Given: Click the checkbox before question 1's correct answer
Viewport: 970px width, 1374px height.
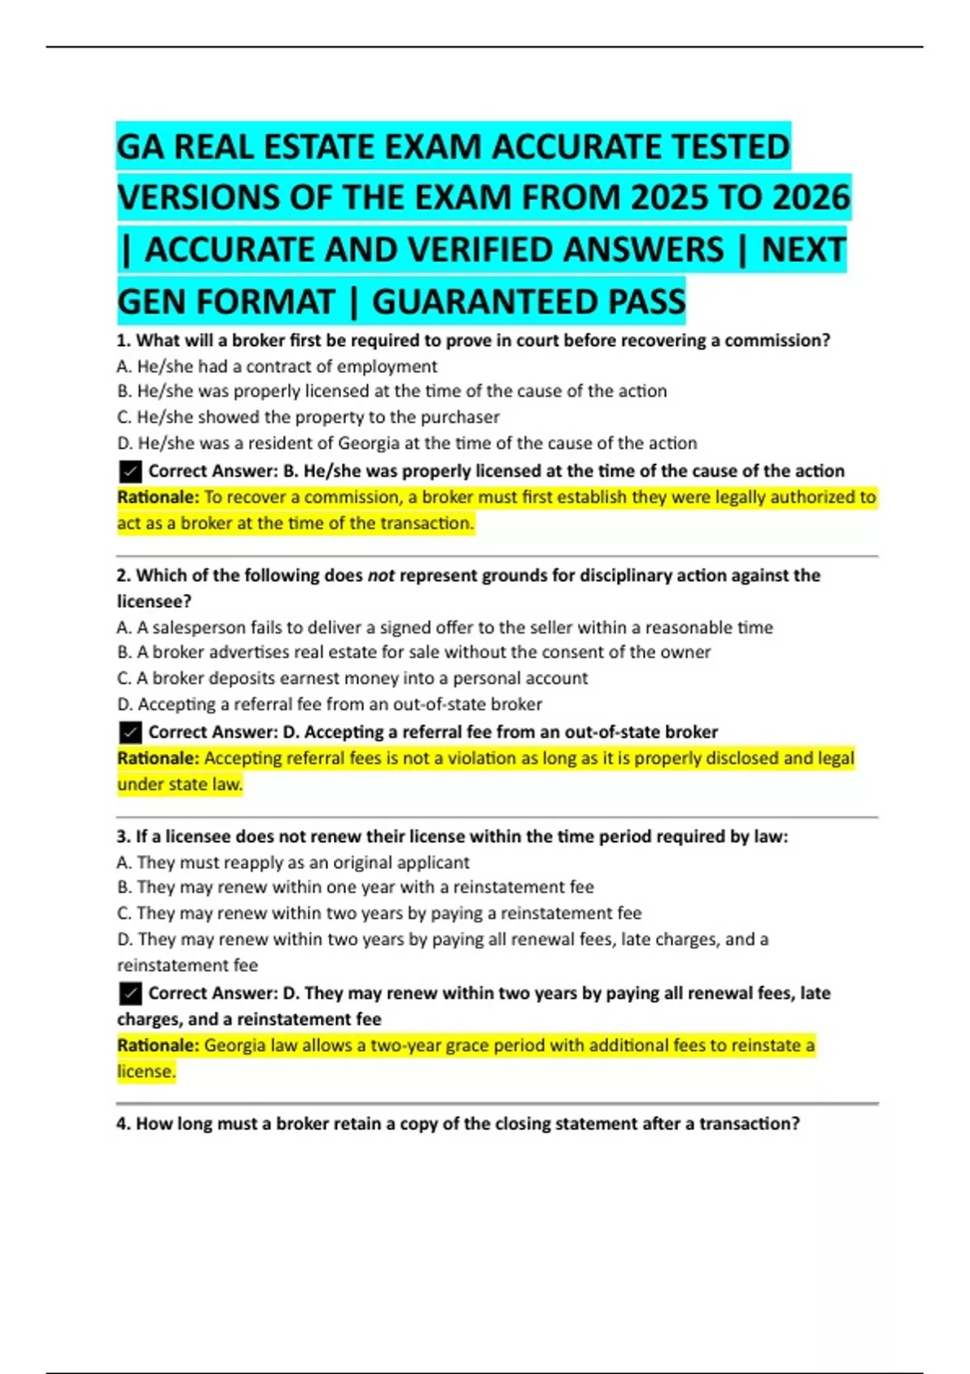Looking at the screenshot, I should click(x=129, y=471).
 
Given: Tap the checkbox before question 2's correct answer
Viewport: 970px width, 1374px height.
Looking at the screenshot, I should click(x=129, y=732).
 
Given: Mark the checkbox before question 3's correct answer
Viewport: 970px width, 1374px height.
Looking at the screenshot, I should click(x=129, y=993).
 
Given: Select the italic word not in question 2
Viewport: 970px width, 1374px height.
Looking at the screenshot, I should click(x=381, y=575).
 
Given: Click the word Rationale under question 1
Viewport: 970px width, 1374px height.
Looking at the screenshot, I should click(x=158, y=497).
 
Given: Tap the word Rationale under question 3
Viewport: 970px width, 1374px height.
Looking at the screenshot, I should click(x=158, y=1045).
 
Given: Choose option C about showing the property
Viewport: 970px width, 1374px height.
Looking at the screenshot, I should click(x=308, y=417).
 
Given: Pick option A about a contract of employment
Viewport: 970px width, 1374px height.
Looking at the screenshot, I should click(x=277, y=366).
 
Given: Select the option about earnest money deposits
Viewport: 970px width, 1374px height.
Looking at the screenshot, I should click(x=352, y=678).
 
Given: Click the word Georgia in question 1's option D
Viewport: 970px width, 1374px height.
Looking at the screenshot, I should click(x=369, y=443).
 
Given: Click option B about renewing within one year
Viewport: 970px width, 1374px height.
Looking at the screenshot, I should click(x=356, y=887).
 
